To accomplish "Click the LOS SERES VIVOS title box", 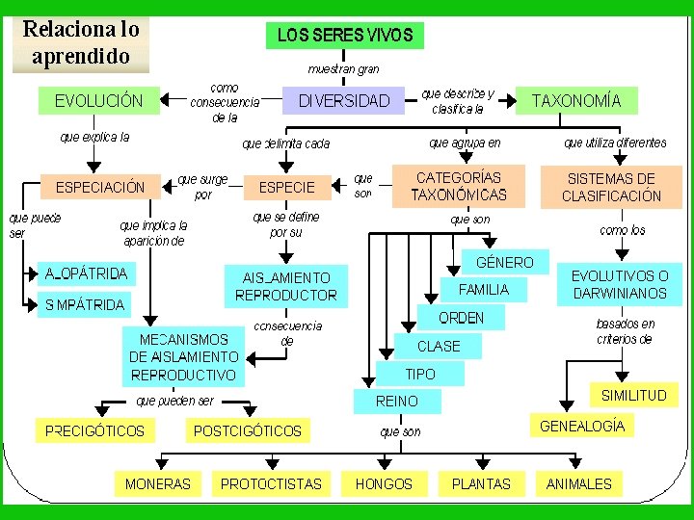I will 345,36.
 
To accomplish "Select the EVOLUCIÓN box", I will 99,100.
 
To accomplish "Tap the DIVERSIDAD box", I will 344,100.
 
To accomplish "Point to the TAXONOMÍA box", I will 576,100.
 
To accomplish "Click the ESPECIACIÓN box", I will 100,187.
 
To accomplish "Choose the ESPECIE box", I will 280,187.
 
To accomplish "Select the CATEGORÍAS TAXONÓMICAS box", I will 459,187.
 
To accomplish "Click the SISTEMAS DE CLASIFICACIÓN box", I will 614,187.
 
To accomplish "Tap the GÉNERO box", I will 504,262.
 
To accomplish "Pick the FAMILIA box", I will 484,289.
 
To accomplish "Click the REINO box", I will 396,401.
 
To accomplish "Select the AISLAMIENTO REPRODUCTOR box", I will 286,286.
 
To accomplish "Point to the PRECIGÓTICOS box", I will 94,430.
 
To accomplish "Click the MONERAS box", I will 158,483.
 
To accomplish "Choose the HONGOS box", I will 384,483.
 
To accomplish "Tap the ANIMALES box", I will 578,483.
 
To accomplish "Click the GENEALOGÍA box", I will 581,426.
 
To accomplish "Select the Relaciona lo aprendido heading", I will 81,42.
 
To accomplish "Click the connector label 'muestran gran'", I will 344,69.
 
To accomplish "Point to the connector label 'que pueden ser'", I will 175,401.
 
